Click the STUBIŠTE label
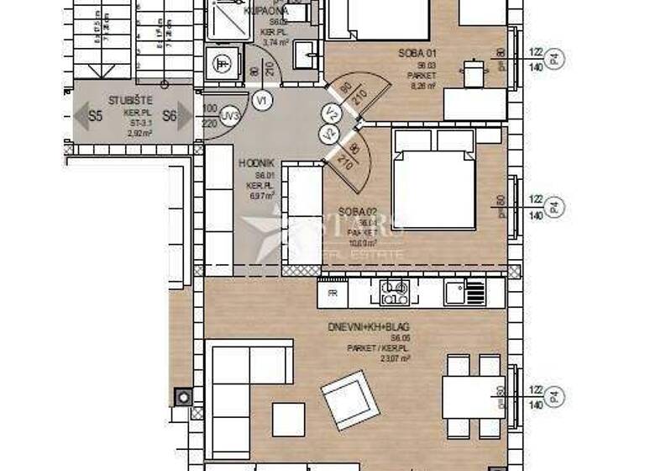pos(129,100)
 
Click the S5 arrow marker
pos(89,117)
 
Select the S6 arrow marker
pos(177,117)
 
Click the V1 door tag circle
pos(263,100)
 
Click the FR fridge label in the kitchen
pos(333,294)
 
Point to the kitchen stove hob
pos(394,293)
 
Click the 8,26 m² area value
pos(422,85)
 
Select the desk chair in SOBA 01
pos(475,72)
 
